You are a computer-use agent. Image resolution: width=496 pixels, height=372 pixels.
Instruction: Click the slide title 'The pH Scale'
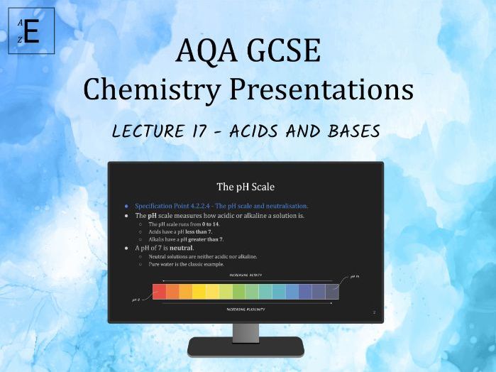[x=245, y=187]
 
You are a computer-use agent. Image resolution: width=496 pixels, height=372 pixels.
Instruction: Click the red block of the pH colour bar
[x=160, y=291]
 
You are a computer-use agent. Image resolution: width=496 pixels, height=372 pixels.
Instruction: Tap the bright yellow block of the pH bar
[x=199, y=291]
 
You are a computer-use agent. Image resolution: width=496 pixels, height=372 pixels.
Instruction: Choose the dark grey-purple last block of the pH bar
[x=331, y=291]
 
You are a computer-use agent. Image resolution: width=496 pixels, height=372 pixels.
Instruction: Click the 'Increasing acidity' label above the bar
[x=245, y=273]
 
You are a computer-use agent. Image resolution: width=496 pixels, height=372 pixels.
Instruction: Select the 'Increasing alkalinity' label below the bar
[x=245, y=310]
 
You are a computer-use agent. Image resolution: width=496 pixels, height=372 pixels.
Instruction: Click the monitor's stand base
[x=246, y=346]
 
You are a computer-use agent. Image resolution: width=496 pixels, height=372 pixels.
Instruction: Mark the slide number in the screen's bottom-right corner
[x=374, y=312]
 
